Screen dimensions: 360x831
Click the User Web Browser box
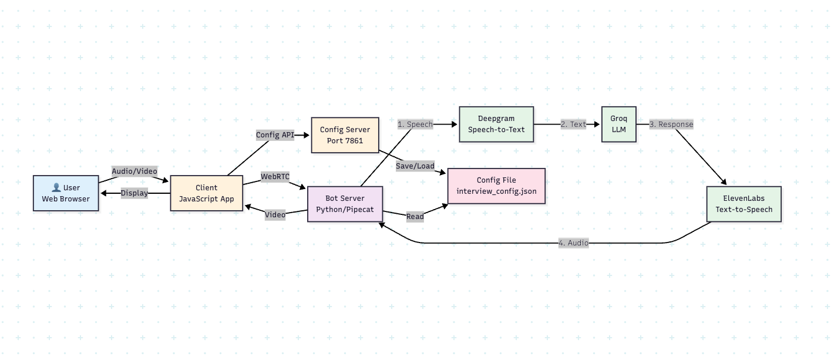coord(66,193)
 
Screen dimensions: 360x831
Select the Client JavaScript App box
coord(206,193)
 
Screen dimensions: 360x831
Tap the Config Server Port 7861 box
coord(345,135)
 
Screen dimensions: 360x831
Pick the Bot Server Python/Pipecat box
coord(345,204)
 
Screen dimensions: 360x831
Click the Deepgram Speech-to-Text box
coord(496,124)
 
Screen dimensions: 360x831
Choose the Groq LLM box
coord(619,124)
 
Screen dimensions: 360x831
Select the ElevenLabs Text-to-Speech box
coord(743,204)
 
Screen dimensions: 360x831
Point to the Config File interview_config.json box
coord(496,186)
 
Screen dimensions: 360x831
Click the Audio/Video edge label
coord(134,171)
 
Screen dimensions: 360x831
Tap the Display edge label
coord(134,193)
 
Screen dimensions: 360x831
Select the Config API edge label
coord(275,135)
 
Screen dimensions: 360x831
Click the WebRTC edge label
coord(275,176)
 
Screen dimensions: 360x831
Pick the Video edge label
coord(275,214)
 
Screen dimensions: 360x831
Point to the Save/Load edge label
coord(415,166)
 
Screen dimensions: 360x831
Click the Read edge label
coord(415,217)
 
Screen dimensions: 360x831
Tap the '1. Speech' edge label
coord(415,124)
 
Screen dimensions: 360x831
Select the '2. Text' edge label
coord(574,124)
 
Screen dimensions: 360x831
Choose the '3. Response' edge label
coord(671,124)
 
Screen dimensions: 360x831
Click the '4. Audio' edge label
coord(574,243)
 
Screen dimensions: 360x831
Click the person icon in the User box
coord(56,188)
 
